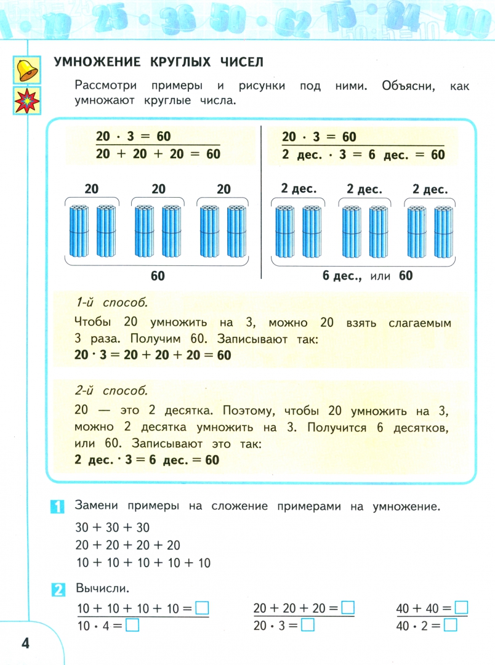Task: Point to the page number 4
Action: coord(25,643)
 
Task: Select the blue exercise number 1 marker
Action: coord(57,507)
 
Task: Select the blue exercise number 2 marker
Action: coord(57,589)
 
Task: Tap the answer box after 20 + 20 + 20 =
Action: coord(348,608)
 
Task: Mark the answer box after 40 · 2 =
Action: coord(451,626)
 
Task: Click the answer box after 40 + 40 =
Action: coord(461,608)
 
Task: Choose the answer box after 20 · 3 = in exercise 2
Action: coord(308,626)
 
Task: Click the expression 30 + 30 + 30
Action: coord(112,528)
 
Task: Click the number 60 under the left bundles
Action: coord(158,276)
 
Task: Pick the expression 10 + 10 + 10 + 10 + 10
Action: coord(143,562)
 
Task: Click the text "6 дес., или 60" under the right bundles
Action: coord(368,276)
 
